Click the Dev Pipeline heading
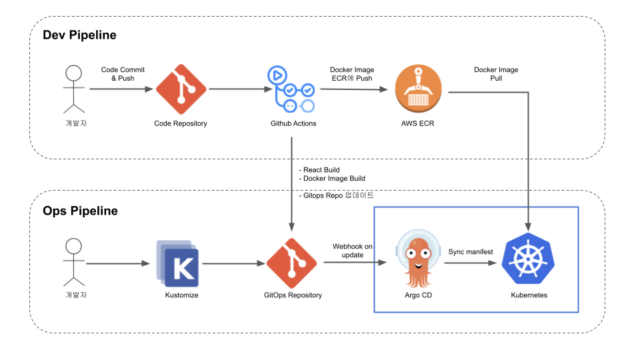79,35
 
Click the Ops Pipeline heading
80,211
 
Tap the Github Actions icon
292,89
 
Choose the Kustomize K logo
179,263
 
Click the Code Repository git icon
180,89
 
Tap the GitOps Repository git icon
292,263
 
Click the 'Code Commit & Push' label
123,73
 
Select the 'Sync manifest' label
471,251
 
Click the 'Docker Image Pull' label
495,73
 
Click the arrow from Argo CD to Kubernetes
473,263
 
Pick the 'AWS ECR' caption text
418,123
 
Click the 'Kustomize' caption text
181,295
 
